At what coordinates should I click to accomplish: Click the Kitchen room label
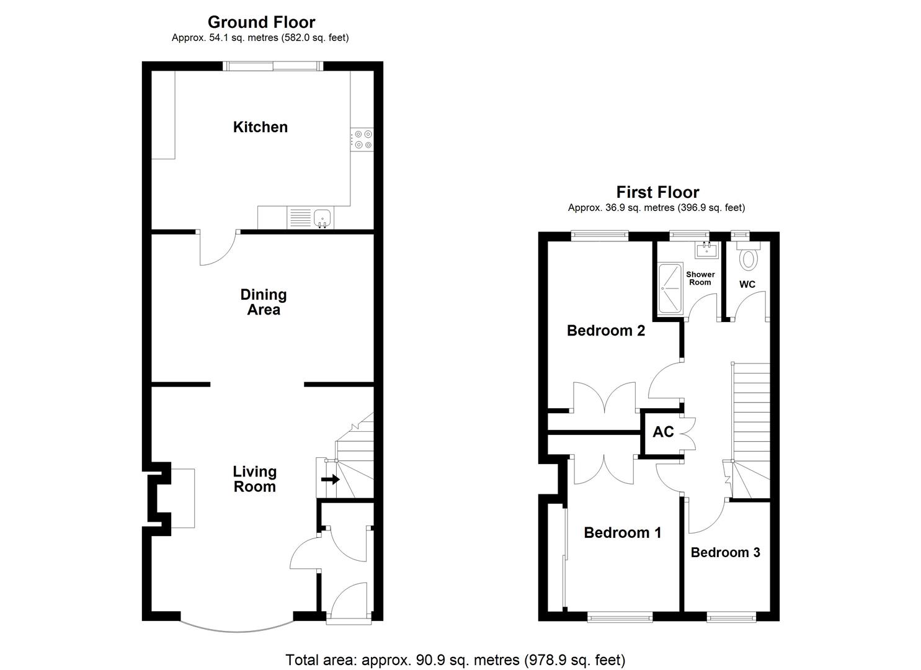pyautogui.click(x=260, y=127)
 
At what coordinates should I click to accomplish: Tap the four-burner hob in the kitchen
pyautogui.click(x=362, y=140)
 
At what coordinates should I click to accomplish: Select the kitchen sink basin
pyautogui.click(x=322, y=217)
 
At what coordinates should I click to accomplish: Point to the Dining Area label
pyautogui.click(x=264, y=302)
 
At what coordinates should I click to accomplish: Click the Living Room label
pyautogui.click(x=254, y=479)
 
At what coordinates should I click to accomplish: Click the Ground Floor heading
pyautogui.click(x=261, y=22)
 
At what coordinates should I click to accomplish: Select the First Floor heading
pyautogui.click(x=657, y=192)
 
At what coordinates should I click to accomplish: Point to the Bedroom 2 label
pyautogui.click(x=606, y=331)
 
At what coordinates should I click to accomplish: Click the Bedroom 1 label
pyautogui.click(x=623, y=532)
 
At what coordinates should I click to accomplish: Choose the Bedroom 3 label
pyautogui.click(x=725, y=552)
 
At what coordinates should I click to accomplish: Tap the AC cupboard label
pyautogui.click(x=663, y=432)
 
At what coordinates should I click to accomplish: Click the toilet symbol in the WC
pyautogui.click(x=749, y=257)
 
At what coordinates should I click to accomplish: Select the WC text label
pyautogui.click(x=747, y=284)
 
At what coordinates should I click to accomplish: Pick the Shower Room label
pyautogui.click(x=700, y=278)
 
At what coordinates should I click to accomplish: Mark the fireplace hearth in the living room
pyautogui.click(x=183, y=498)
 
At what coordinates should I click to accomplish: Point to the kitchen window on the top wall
pyautogui.click(x=274, y=66)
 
